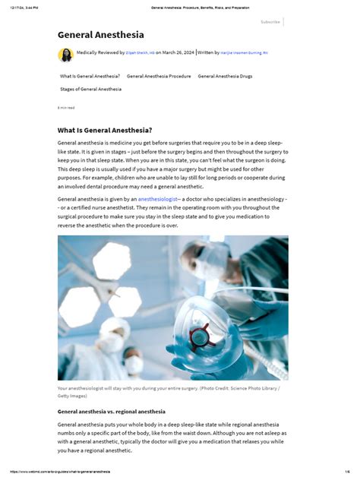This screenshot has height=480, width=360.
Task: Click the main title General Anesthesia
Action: (100, 35)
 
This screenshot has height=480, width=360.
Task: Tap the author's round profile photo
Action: (65, 55)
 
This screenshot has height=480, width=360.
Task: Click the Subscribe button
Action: (270, 22)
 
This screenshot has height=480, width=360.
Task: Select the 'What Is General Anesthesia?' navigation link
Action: (90, 76)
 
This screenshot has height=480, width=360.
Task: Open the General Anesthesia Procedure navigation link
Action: (159, 76)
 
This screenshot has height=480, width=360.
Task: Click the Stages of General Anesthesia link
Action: (90, 89)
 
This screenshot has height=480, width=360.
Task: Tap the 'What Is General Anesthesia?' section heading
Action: (105, 130)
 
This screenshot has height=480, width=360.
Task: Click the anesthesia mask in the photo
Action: (199, 334)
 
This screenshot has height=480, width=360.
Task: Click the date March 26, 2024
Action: (178, 54)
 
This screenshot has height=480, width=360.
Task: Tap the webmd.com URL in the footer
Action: (61, 472)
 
